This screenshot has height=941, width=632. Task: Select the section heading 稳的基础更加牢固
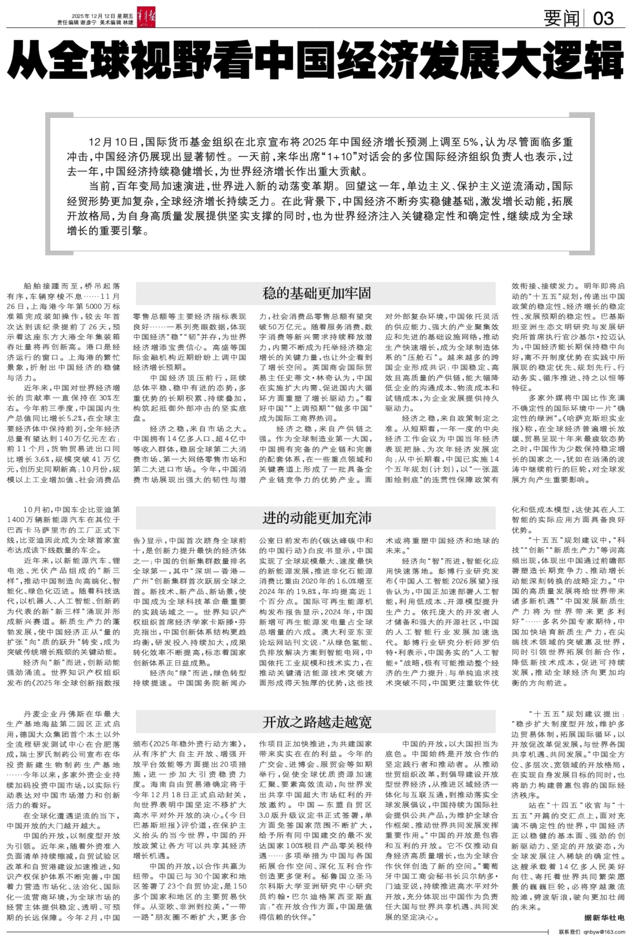click(316, 293)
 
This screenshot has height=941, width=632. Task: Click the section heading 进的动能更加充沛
click(316, 518)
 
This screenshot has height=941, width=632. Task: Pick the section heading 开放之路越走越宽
click(316, 722)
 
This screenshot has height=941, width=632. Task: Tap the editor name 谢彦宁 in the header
click(88, 22)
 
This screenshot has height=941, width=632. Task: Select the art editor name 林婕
click(128, 22)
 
